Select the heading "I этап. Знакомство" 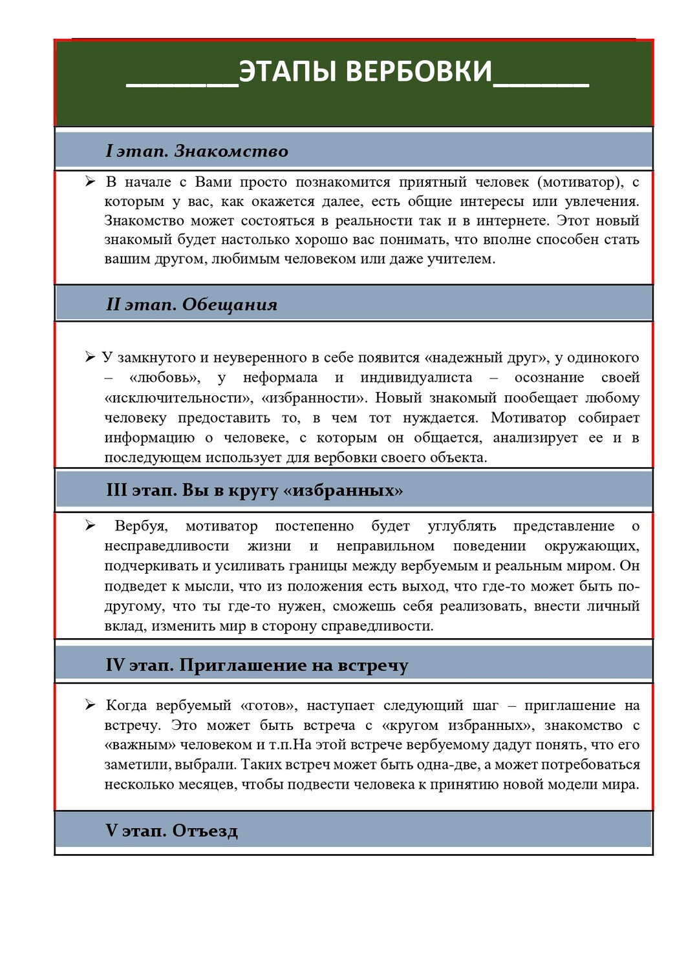click(x=197, y=151)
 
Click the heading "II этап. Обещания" click(x=191, y=304)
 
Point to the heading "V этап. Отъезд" click(x=171, y=831)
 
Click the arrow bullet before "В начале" click(x=91, y=182)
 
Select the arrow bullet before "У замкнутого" click(x=91, y=357)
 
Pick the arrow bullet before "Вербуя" click(x=91, y=525)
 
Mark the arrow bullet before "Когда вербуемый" click(x=91, y=704)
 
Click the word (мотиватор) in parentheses click(x=580, y=182)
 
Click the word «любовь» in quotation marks click(x=164, y=377)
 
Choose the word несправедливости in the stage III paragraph click(x=167, y=546)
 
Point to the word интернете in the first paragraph click(x=512, y=220)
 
